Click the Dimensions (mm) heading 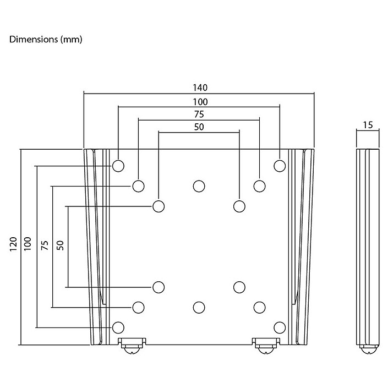tap(46, 40)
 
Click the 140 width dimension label tap(199, 88)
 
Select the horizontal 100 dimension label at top tap(199, 101)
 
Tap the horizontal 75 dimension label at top tap(199, 114)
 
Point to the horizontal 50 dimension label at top tap(199, 127)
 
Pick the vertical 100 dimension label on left tap(28, 245)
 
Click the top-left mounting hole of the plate tap(118, 165)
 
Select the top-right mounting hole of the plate tap(280, 165)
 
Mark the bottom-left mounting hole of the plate tap(118, 327)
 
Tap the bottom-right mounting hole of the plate tap(280, 327)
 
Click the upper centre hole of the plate tap(199, 185)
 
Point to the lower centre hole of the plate tap(199, 307)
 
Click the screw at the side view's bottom tap(368, 348)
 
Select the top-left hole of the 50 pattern tap(159, 206)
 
